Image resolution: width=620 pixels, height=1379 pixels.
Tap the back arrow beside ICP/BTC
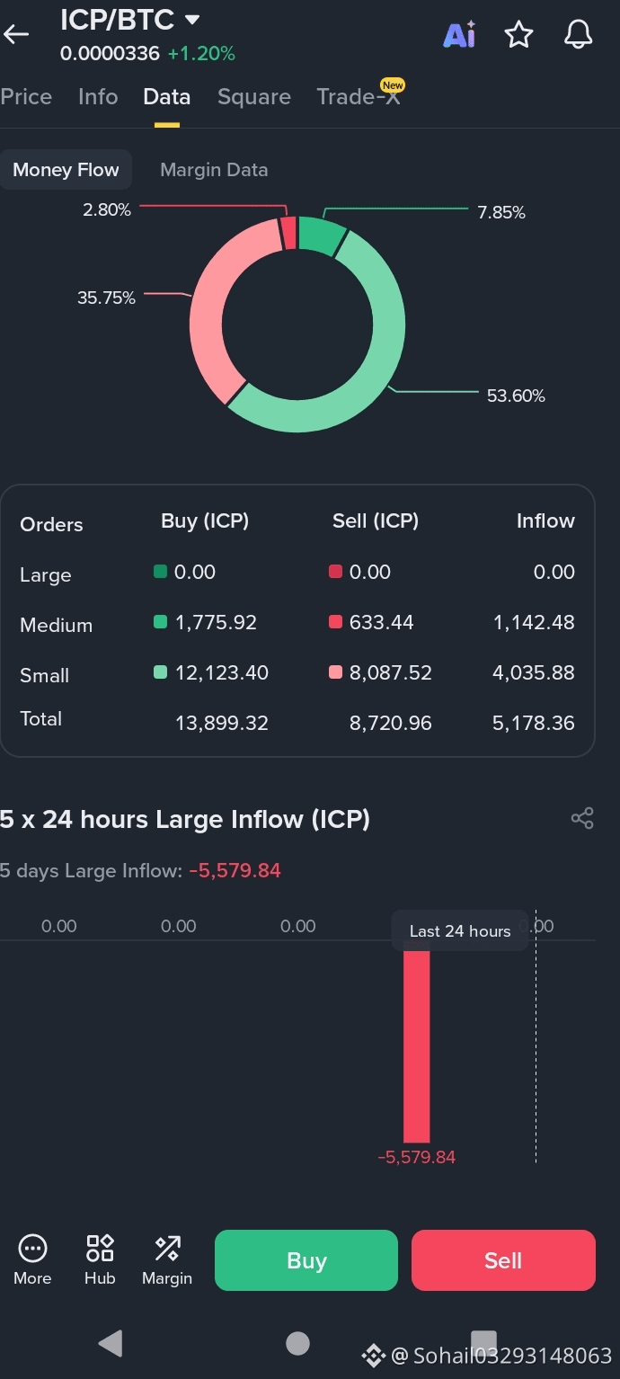tap(16, 34)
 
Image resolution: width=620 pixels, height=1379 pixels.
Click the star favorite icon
tap(518, 34)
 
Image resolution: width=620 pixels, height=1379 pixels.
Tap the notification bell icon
tap(578, 34)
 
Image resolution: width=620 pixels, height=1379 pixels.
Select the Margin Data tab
tap(214, 170)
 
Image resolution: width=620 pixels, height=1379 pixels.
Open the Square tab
tap(254, 97)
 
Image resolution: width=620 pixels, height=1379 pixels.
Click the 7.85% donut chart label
tap(501, 212)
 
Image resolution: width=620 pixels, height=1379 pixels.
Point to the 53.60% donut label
tap(516, 396)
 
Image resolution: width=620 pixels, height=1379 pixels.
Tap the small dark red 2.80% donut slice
tap(288, 234)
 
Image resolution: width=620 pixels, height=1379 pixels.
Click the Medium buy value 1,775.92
tap(216, 622)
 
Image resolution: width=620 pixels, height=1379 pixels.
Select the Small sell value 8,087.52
tap(391, 673)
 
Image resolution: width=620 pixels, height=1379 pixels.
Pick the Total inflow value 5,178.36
tap(533, 723)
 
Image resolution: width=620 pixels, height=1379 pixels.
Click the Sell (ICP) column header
tap(376, 520)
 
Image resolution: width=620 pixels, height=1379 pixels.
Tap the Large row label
tap(46, 575)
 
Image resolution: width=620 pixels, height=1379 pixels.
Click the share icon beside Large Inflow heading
tap(582, 818)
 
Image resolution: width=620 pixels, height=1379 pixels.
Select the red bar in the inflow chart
tap(416, 1045)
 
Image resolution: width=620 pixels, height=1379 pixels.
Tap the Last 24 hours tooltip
tap(460, 930)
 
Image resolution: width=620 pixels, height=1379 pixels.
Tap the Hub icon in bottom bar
tap(100, 1259)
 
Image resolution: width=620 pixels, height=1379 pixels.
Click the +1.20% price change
tap(201, 54)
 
